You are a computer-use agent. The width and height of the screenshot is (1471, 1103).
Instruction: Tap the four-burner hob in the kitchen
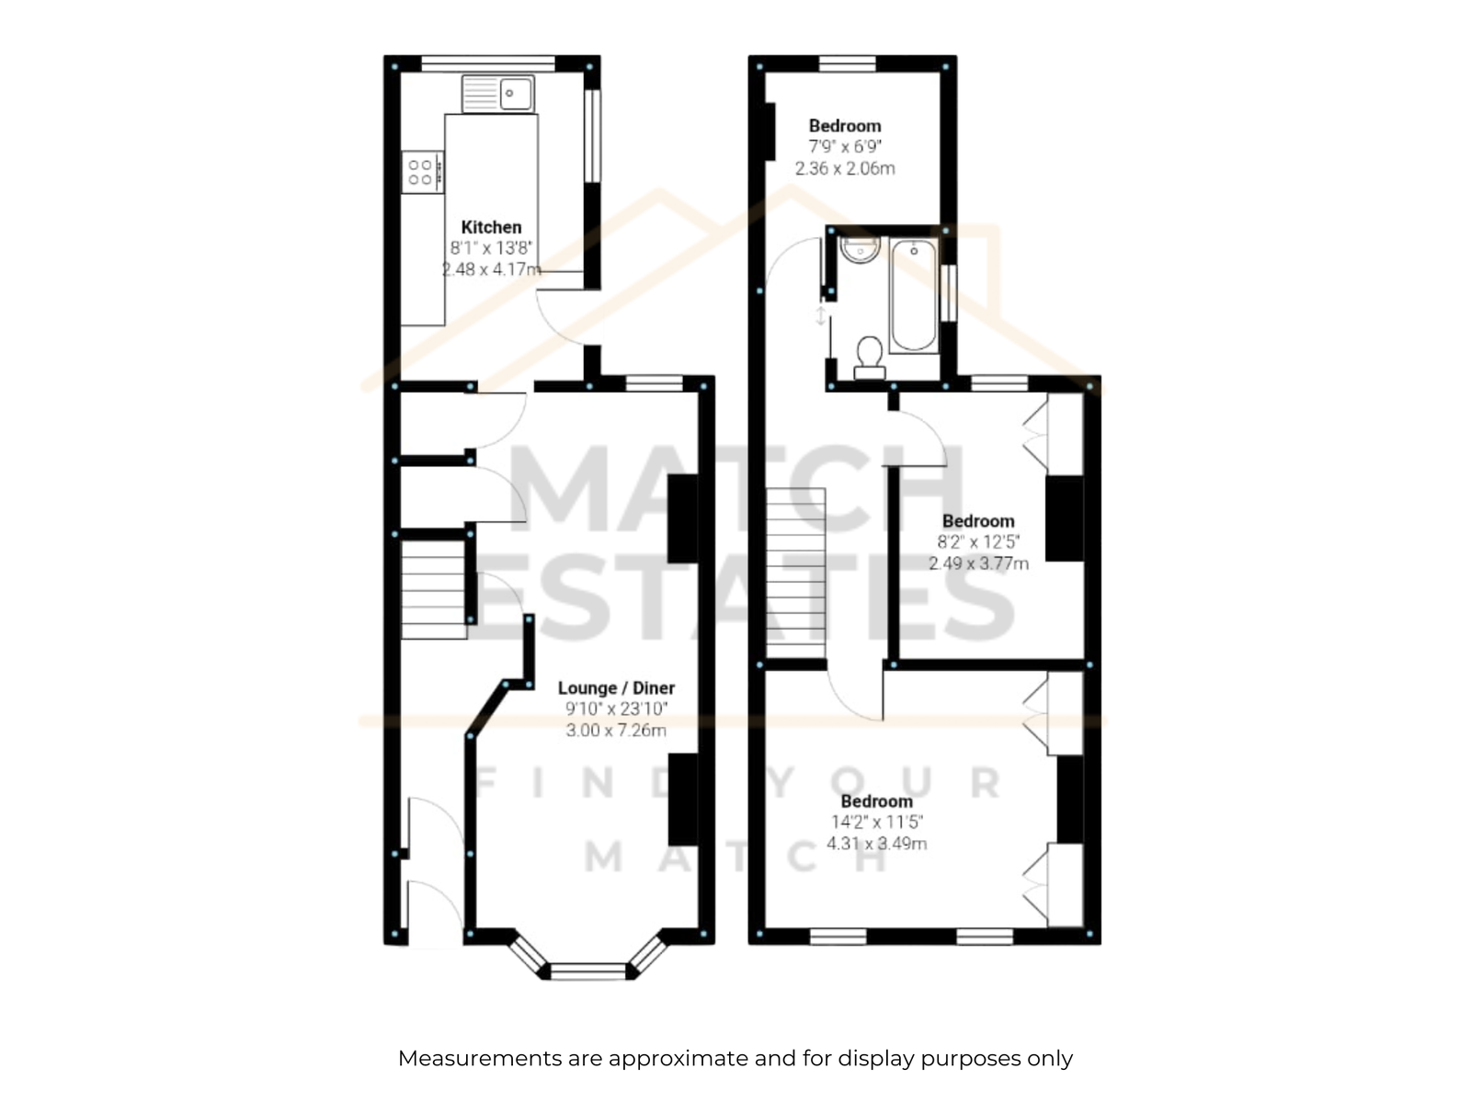tap(422, 172)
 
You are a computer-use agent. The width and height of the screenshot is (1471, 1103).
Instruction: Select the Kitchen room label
tap(491, 227)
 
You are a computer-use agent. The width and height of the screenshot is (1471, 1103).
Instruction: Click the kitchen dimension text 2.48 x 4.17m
tap(491, 269)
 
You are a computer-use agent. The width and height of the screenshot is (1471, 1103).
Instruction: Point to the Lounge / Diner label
tap(616, 688)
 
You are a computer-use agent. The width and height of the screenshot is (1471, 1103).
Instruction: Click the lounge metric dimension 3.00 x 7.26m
tap(616, 730)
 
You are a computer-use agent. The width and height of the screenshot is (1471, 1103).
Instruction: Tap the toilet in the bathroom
tap(869, 358)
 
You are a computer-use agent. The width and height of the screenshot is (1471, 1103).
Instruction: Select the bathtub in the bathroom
tap(914, 295)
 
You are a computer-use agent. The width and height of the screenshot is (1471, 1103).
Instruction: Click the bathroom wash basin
tap(860, 249)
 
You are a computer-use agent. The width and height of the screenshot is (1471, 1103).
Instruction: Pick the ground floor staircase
tap(434, 588)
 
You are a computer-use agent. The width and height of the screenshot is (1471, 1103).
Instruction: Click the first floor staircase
tap(795, 574)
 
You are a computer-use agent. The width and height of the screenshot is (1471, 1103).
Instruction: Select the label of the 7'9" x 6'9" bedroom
tap(844, 126)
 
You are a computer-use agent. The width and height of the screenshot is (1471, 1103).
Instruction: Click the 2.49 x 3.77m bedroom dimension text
tap(978, 563)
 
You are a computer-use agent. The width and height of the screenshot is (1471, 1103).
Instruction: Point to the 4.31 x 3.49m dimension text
tap(876, 843)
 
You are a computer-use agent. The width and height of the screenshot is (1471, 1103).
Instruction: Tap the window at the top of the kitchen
tap(488, 63)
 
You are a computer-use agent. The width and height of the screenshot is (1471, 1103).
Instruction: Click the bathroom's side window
tap(948, 293)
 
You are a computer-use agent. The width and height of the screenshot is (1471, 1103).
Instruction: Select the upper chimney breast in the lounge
tap(683, 518)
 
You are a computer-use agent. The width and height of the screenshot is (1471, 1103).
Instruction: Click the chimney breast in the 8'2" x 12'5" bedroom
tap(1065, 518)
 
